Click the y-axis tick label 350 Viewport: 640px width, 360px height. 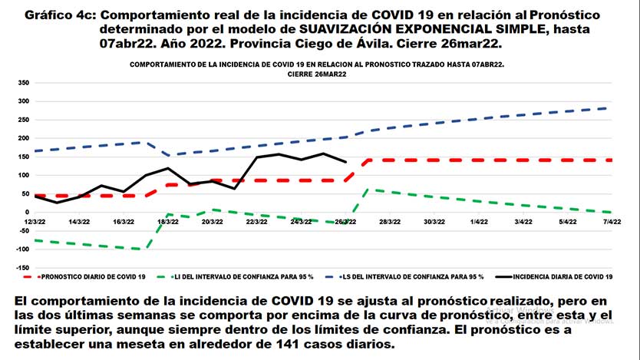pos(22,83)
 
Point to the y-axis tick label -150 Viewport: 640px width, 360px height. pos(21,267)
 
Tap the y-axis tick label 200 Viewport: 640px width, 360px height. pos(22,138)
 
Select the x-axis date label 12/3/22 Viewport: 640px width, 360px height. pos(35,221)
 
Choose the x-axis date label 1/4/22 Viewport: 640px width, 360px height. pos(480,221)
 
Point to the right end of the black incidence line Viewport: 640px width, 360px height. pos(346,162)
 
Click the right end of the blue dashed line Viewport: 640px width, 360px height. pos(608,108)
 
